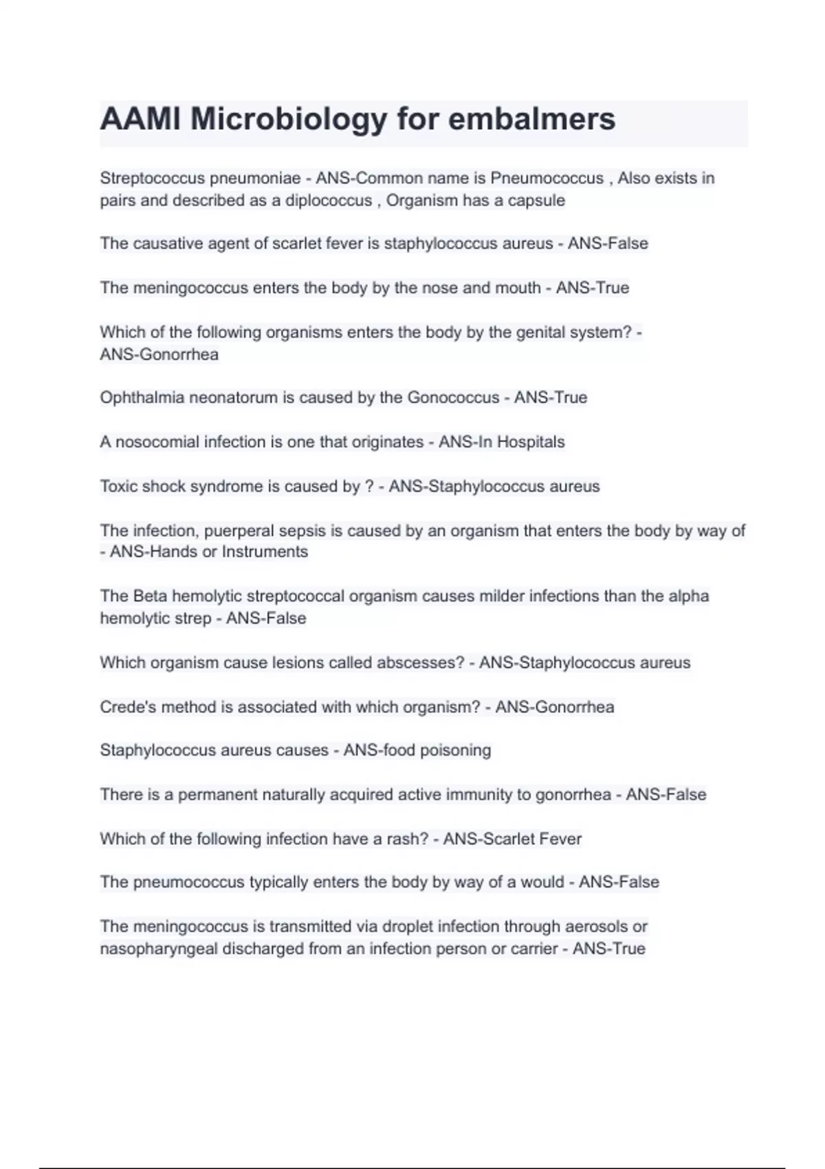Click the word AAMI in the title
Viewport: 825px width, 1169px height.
click(x=140, y=119)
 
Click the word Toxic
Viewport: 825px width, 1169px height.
click(x=119, y=486)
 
